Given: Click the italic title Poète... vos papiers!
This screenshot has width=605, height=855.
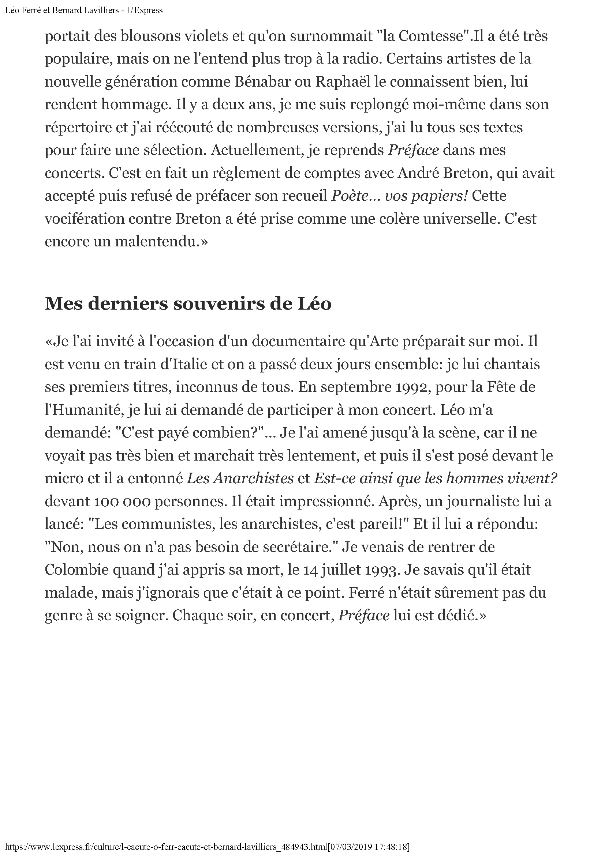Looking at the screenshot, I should pos(399,196).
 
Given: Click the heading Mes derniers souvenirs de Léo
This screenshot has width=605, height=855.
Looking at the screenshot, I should pos(188,304).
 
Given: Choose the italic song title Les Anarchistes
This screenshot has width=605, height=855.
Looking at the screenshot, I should pos(240,478).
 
